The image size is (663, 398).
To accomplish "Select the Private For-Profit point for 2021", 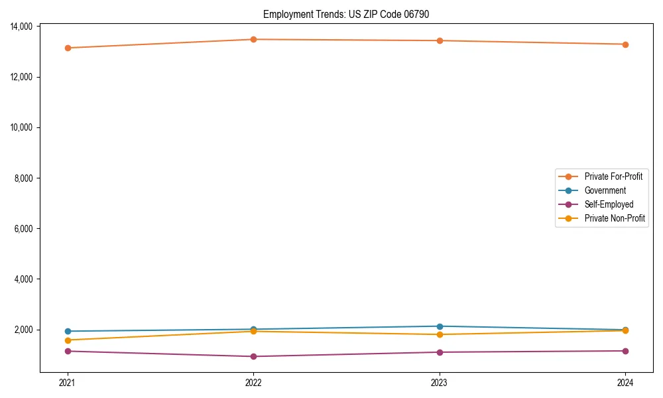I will click(68, 48).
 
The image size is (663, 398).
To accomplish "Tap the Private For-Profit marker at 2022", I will click(253, 39).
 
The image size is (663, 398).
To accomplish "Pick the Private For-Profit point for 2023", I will click(440, 40).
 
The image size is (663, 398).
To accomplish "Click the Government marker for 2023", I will click(440, 326).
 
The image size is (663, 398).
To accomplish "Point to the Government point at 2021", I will click(68, 331).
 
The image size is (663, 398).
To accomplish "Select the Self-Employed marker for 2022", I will click(253, 356).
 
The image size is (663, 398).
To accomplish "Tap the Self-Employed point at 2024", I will click(625, 351).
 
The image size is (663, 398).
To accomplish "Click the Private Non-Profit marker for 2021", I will click(68, 340).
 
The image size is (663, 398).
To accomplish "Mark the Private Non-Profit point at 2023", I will click(440, 334).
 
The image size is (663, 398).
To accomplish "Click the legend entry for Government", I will click(605, 190).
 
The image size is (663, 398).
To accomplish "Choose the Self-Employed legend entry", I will click(609, 204).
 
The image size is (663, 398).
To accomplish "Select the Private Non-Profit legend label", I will click(615, 218).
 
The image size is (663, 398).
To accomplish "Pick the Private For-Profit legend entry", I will click(613, 176).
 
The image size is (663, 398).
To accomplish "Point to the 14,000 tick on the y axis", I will click(24, 27).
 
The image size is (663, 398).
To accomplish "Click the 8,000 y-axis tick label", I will click(26, 178).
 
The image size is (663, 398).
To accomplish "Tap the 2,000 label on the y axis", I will click(26, 330).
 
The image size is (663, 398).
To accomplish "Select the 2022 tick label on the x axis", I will click(253, 383).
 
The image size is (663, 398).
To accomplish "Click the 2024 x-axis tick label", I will click(625, 383).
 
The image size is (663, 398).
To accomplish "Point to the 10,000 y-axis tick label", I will click(24, 127).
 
